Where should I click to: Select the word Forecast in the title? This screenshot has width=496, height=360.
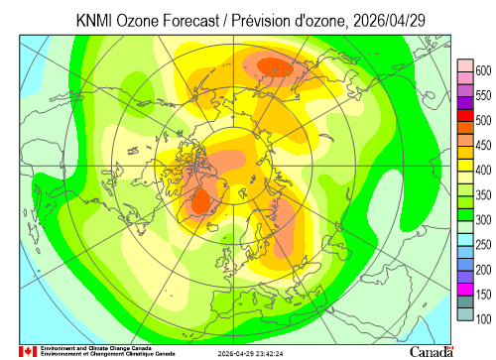click(190, 21)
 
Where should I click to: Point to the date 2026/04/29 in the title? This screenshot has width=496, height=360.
click(389, 21)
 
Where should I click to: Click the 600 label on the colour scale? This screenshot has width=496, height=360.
click(483, 70)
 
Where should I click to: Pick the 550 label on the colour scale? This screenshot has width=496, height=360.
click(483, 95)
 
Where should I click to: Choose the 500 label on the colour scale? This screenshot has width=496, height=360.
click(483, 120)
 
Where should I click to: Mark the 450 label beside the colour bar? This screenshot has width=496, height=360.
click(483, 145)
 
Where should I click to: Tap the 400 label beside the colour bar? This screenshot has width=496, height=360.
click(483, 171)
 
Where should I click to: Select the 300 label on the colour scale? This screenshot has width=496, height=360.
click(483, 220)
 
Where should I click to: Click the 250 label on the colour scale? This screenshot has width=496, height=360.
click(483, 245)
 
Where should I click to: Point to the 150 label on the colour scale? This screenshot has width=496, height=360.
click(483, 295)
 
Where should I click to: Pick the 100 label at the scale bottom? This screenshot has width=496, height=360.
click(483, 319)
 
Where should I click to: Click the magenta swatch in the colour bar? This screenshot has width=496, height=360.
click(465, 290)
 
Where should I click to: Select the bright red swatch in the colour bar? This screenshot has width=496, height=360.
click(465, 116)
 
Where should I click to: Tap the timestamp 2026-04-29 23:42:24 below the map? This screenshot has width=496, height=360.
click(250, 354)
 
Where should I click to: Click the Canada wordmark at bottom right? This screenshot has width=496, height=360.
click(432, 352)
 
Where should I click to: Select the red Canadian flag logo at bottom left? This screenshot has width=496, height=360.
click(28, 351)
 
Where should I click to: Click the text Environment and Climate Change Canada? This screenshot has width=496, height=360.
click(96, 348)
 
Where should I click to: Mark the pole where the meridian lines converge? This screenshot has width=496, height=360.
click(234, 166)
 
